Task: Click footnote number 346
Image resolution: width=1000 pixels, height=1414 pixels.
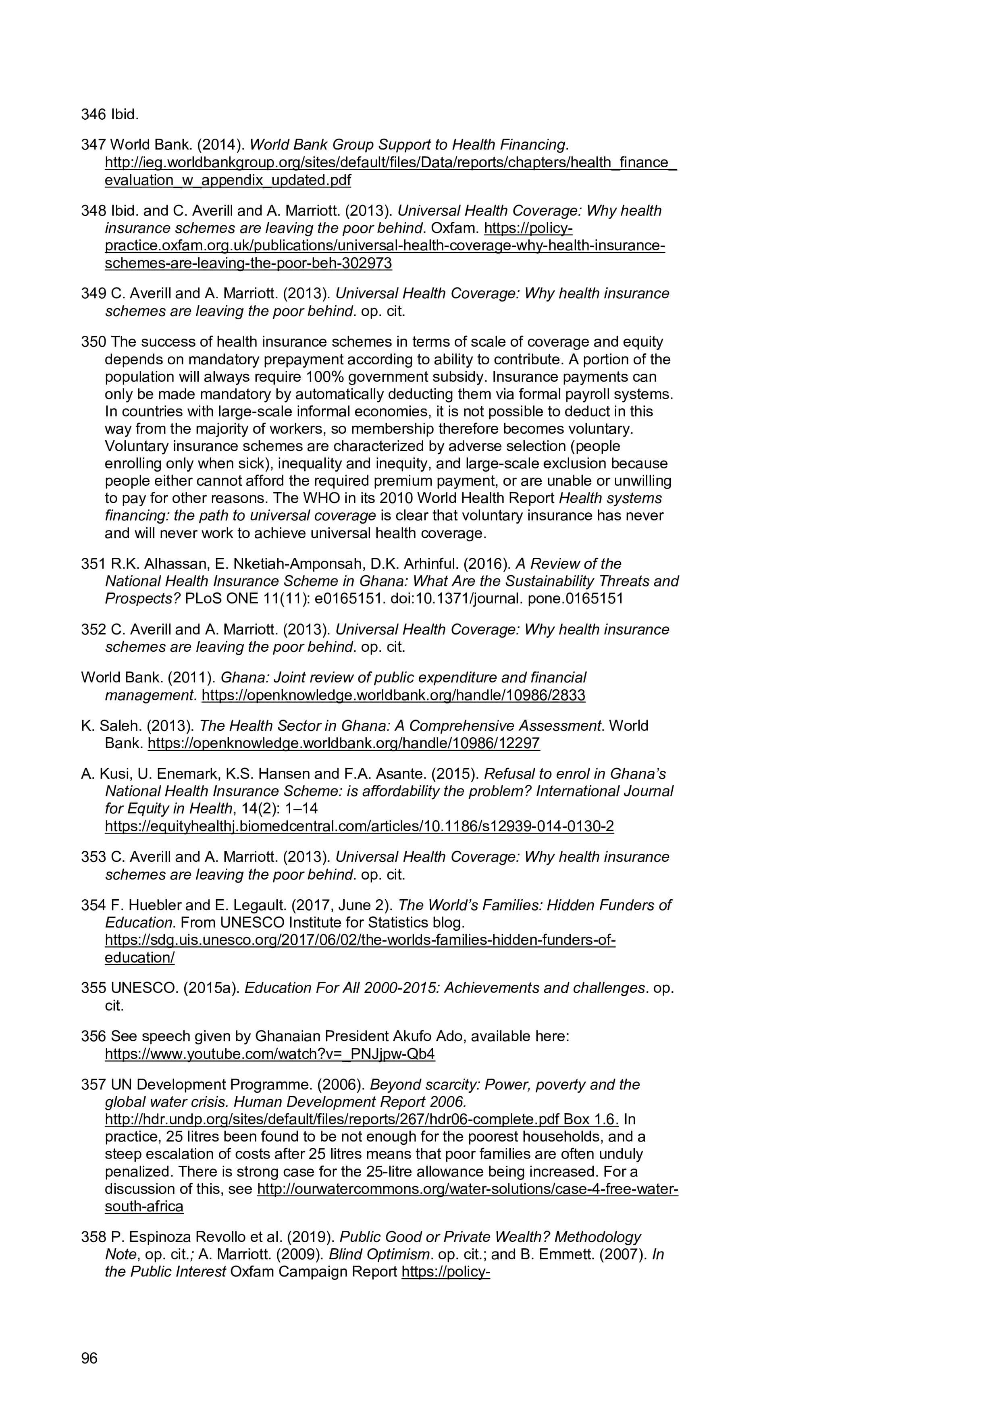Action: coord(93,114)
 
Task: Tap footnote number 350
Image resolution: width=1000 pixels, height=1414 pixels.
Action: coord(93,342)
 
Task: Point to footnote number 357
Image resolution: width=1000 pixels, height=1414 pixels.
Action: coord(93,1085)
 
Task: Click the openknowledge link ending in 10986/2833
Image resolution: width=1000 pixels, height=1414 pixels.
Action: coord(393,695)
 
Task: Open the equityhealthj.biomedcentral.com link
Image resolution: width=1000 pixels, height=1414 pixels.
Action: coord(359,826)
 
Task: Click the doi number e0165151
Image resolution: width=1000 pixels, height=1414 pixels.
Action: coord(354,599)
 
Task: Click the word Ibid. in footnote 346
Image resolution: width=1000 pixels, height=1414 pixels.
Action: coord(125,114)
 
